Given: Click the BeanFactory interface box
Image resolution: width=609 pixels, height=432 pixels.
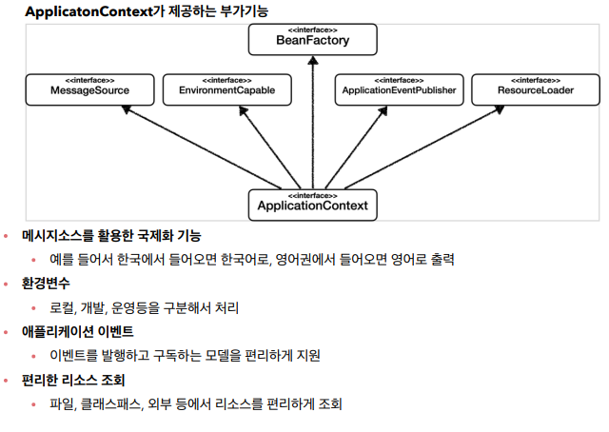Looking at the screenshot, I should click(x=313, y=39).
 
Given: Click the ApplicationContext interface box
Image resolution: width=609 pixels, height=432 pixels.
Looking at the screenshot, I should click(x=313, y=203).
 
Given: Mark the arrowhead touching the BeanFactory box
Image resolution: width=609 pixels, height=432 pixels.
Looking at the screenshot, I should click(x=313, y=60).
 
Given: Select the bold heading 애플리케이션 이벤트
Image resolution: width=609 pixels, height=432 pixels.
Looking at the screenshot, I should click(x=77, y=332).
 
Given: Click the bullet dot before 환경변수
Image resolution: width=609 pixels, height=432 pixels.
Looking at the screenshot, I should click(x=8, y=284).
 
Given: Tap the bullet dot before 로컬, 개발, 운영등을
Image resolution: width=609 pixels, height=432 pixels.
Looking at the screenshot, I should click(x=36, y=308).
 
